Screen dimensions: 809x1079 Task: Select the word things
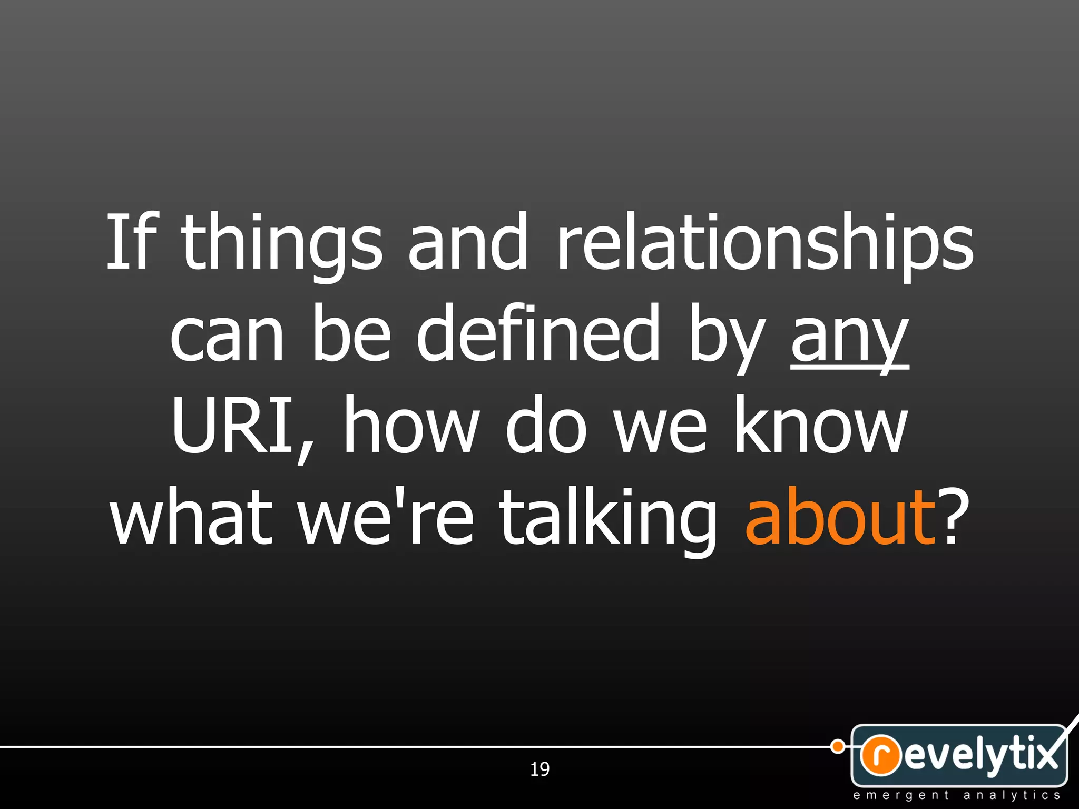(282, 245)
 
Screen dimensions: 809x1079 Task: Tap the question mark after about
(955, 516)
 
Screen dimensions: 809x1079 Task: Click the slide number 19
(539, 769)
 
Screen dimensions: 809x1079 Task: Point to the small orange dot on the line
(837, 746)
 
